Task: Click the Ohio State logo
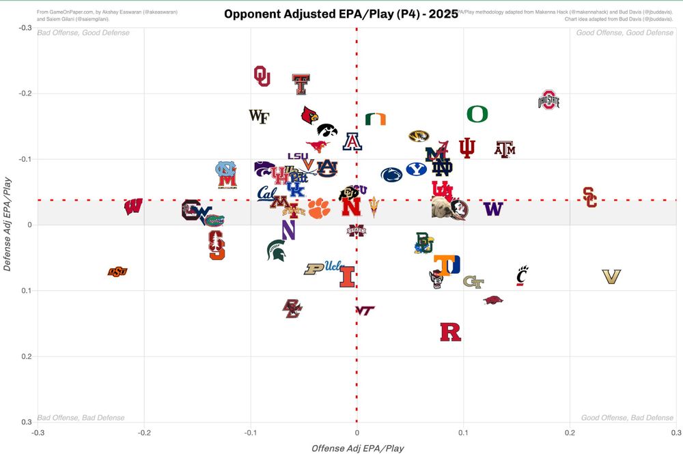(x=548, y=100)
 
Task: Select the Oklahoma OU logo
(x=262, y=76)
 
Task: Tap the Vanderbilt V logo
(x=611, y=276)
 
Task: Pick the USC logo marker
(x=590, y=197)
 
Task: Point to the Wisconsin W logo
(x=133, y=206)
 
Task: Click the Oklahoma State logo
(x=117, y=272)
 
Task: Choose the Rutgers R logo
(x=450, y=332)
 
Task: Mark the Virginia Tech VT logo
(x=365, y=310)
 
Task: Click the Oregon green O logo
(x=477, y=114)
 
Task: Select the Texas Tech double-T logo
(x=301, y=84)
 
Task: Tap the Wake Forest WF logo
(x=259, y=116)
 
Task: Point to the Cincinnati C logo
(x=522, y=275)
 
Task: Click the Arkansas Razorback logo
(x=493, y=300)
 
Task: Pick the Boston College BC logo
(x=292, y=309)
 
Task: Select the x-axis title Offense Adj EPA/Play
(x=357, y=448)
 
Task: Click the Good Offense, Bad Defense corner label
(x=627, y=418)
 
